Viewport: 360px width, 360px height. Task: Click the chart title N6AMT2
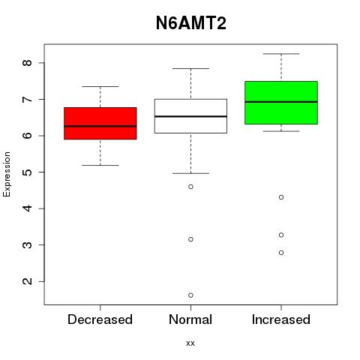click(191, 23)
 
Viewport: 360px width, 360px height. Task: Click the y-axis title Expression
click(7, 174)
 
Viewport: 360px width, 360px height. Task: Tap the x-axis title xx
click(190, 343)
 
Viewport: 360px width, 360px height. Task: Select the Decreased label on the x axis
click(100, 319)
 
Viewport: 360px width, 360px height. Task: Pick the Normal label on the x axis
click(190, 319)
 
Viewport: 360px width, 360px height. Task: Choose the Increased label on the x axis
click(281, 319)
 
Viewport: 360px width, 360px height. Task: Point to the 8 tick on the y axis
click(27, 63)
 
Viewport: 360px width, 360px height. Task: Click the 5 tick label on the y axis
click(27, 172)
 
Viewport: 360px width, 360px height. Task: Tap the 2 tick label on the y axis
click(27, 281)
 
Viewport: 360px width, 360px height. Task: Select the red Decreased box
click(100, 123)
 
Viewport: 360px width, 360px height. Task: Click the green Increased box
click(281, 103)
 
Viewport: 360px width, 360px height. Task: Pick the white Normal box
click(190, 116)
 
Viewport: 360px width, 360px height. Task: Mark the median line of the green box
click(281, 102)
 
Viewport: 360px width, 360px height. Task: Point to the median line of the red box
click(100, 126)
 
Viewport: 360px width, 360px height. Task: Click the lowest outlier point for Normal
click(190, 295)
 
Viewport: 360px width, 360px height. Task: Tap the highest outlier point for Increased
click(281, 197)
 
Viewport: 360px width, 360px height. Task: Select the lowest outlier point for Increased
click(281, 253)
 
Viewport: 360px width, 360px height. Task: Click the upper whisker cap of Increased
click(281, 54)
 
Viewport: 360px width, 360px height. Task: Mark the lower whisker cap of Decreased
click(100, 165)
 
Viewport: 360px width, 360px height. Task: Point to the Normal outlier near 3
click(190, 239)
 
